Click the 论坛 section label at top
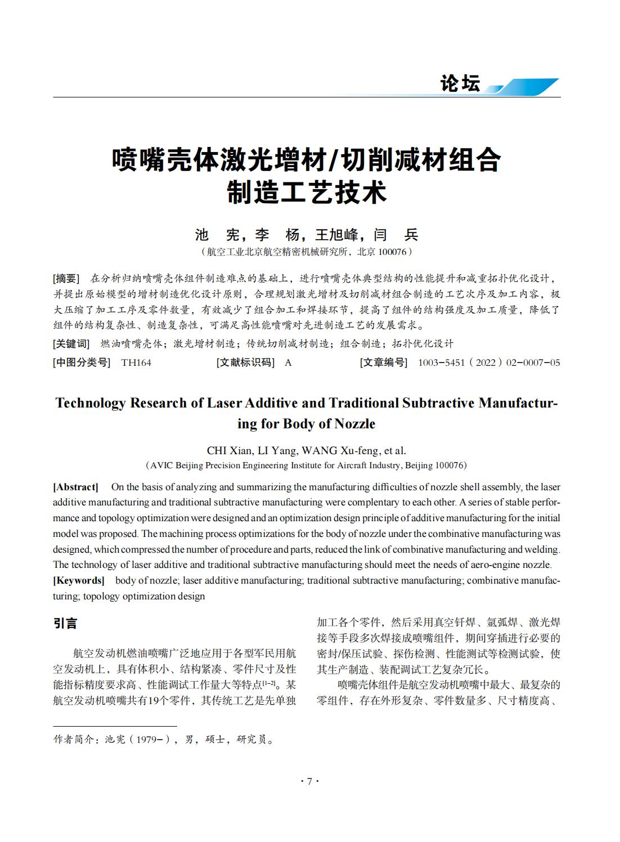[460, 84]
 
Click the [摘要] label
[66, 279]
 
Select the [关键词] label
[71, 344]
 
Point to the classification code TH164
[136, 363]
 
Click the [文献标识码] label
[245, 363]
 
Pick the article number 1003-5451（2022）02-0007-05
[489, 363]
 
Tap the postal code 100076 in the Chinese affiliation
[392, 252]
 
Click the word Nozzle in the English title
[354, 424]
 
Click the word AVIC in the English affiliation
[162, 465]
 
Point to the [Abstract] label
[75, 487]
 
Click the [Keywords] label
[79, 580]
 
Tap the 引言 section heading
[65, 624]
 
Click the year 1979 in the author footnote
[147, 740]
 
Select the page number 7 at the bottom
[309, 781]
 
